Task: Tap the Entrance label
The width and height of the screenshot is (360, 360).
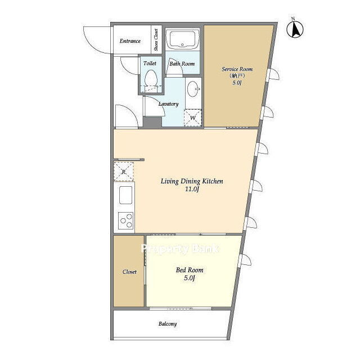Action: [130, 41]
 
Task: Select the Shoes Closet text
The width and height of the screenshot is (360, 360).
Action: [156, 40]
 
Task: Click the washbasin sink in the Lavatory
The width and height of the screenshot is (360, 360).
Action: [193, 89]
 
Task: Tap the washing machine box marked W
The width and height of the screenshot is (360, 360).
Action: [193, 118]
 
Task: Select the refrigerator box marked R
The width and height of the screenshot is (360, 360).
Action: [124, 172]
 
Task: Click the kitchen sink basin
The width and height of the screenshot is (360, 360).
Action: [125, 195]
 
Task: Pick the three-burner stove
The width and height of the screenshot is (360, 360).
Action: [126, 220]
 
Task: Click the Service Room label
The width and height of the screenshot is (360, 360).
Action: [237, 69]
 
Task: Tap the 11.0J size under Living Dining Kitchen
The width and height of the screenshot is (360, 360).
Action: [192, 190]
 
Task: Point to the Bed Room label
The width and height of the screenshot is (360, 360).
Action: [190, 270]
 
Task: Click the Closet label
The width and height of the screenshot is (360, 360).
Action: [129, 272]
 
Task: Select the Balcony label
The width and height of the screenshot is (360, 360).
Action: [168, 324]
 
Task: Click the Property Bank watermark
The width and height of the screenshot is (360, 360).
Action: [180, 249]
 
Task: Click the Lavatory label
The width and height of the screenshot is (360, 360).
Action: [169, 104]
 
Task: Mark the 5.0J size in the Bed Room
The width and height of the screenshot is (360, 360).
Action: [190, 278]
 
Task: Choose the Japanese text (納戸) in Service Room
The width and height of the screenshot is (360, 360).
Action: [237, 76]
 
